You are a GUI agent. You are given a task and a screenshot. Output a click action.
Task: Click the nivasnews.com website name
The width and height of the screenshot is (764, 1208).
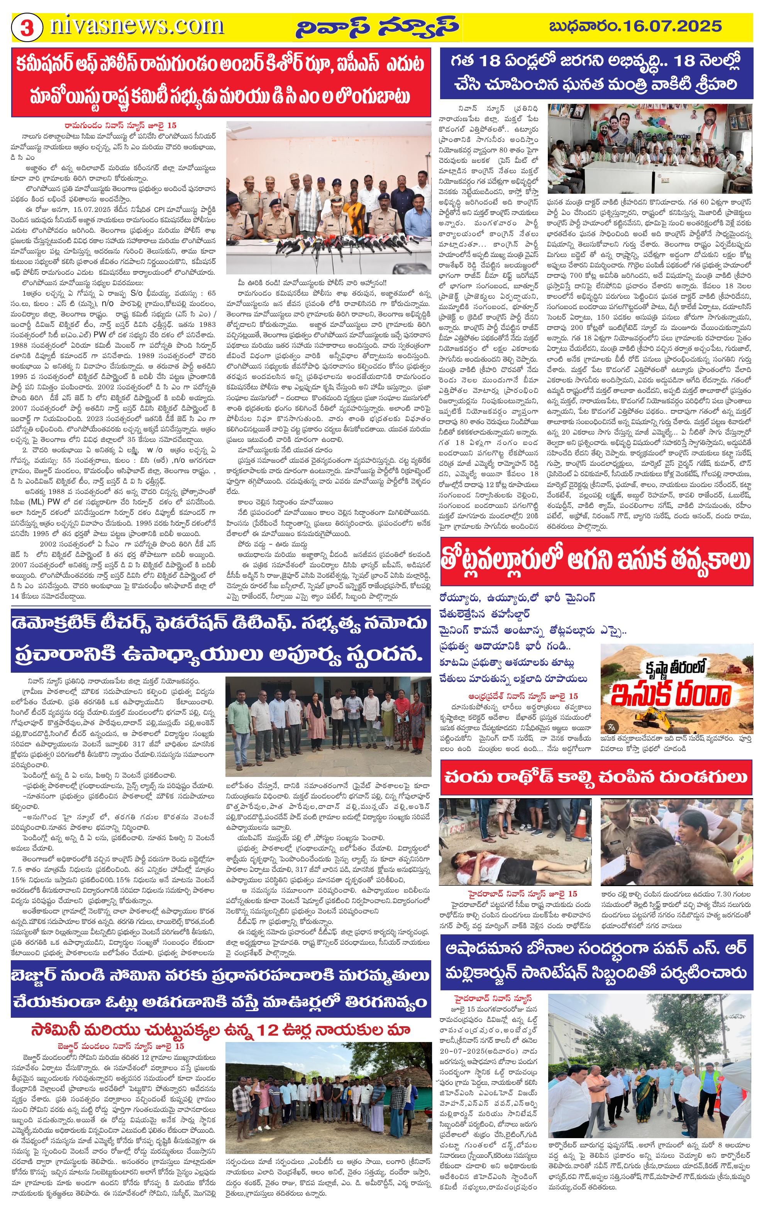pos(136,25)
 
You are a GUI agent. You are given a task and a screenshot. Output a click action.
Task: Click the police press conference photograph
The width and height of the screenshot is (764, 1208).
pos(329,197)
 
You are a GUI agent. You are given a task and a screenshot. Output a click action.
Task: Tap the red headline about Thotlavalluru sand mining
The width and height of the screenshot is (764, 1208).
pos(596,561)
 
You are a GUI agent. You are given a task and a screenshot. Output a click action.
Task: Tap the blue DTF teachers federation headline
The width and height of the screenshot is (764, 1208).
pos(221,641)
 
